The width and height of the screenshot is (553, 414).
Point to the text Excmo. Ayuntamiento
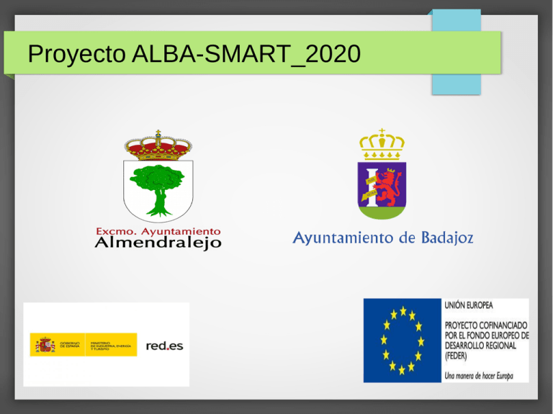(x=158, y=231)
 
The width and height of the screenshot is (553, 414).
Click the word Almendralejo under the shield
(x=158, y=243)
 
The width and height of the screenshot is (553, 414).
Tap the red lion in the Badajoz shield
(x=389, y=183)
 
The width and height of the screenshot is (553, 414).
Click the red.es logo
(x=164, y=346)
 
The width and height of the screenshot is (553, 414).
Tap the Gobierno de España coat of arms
(x=45, y=345)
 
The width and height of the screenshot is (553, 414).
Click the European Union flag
(x=402, y=340)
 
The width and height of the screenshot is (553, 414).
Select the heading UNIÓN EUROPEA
(x=469, y=306)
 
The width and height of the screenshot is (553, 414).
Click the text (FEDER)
(x=457, y=356)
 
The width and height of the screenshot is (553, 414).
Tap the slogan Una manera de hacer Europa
(x=479, y=374)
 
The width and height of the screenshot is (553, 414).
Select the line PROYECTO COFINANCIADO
(x=486, y=325)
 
